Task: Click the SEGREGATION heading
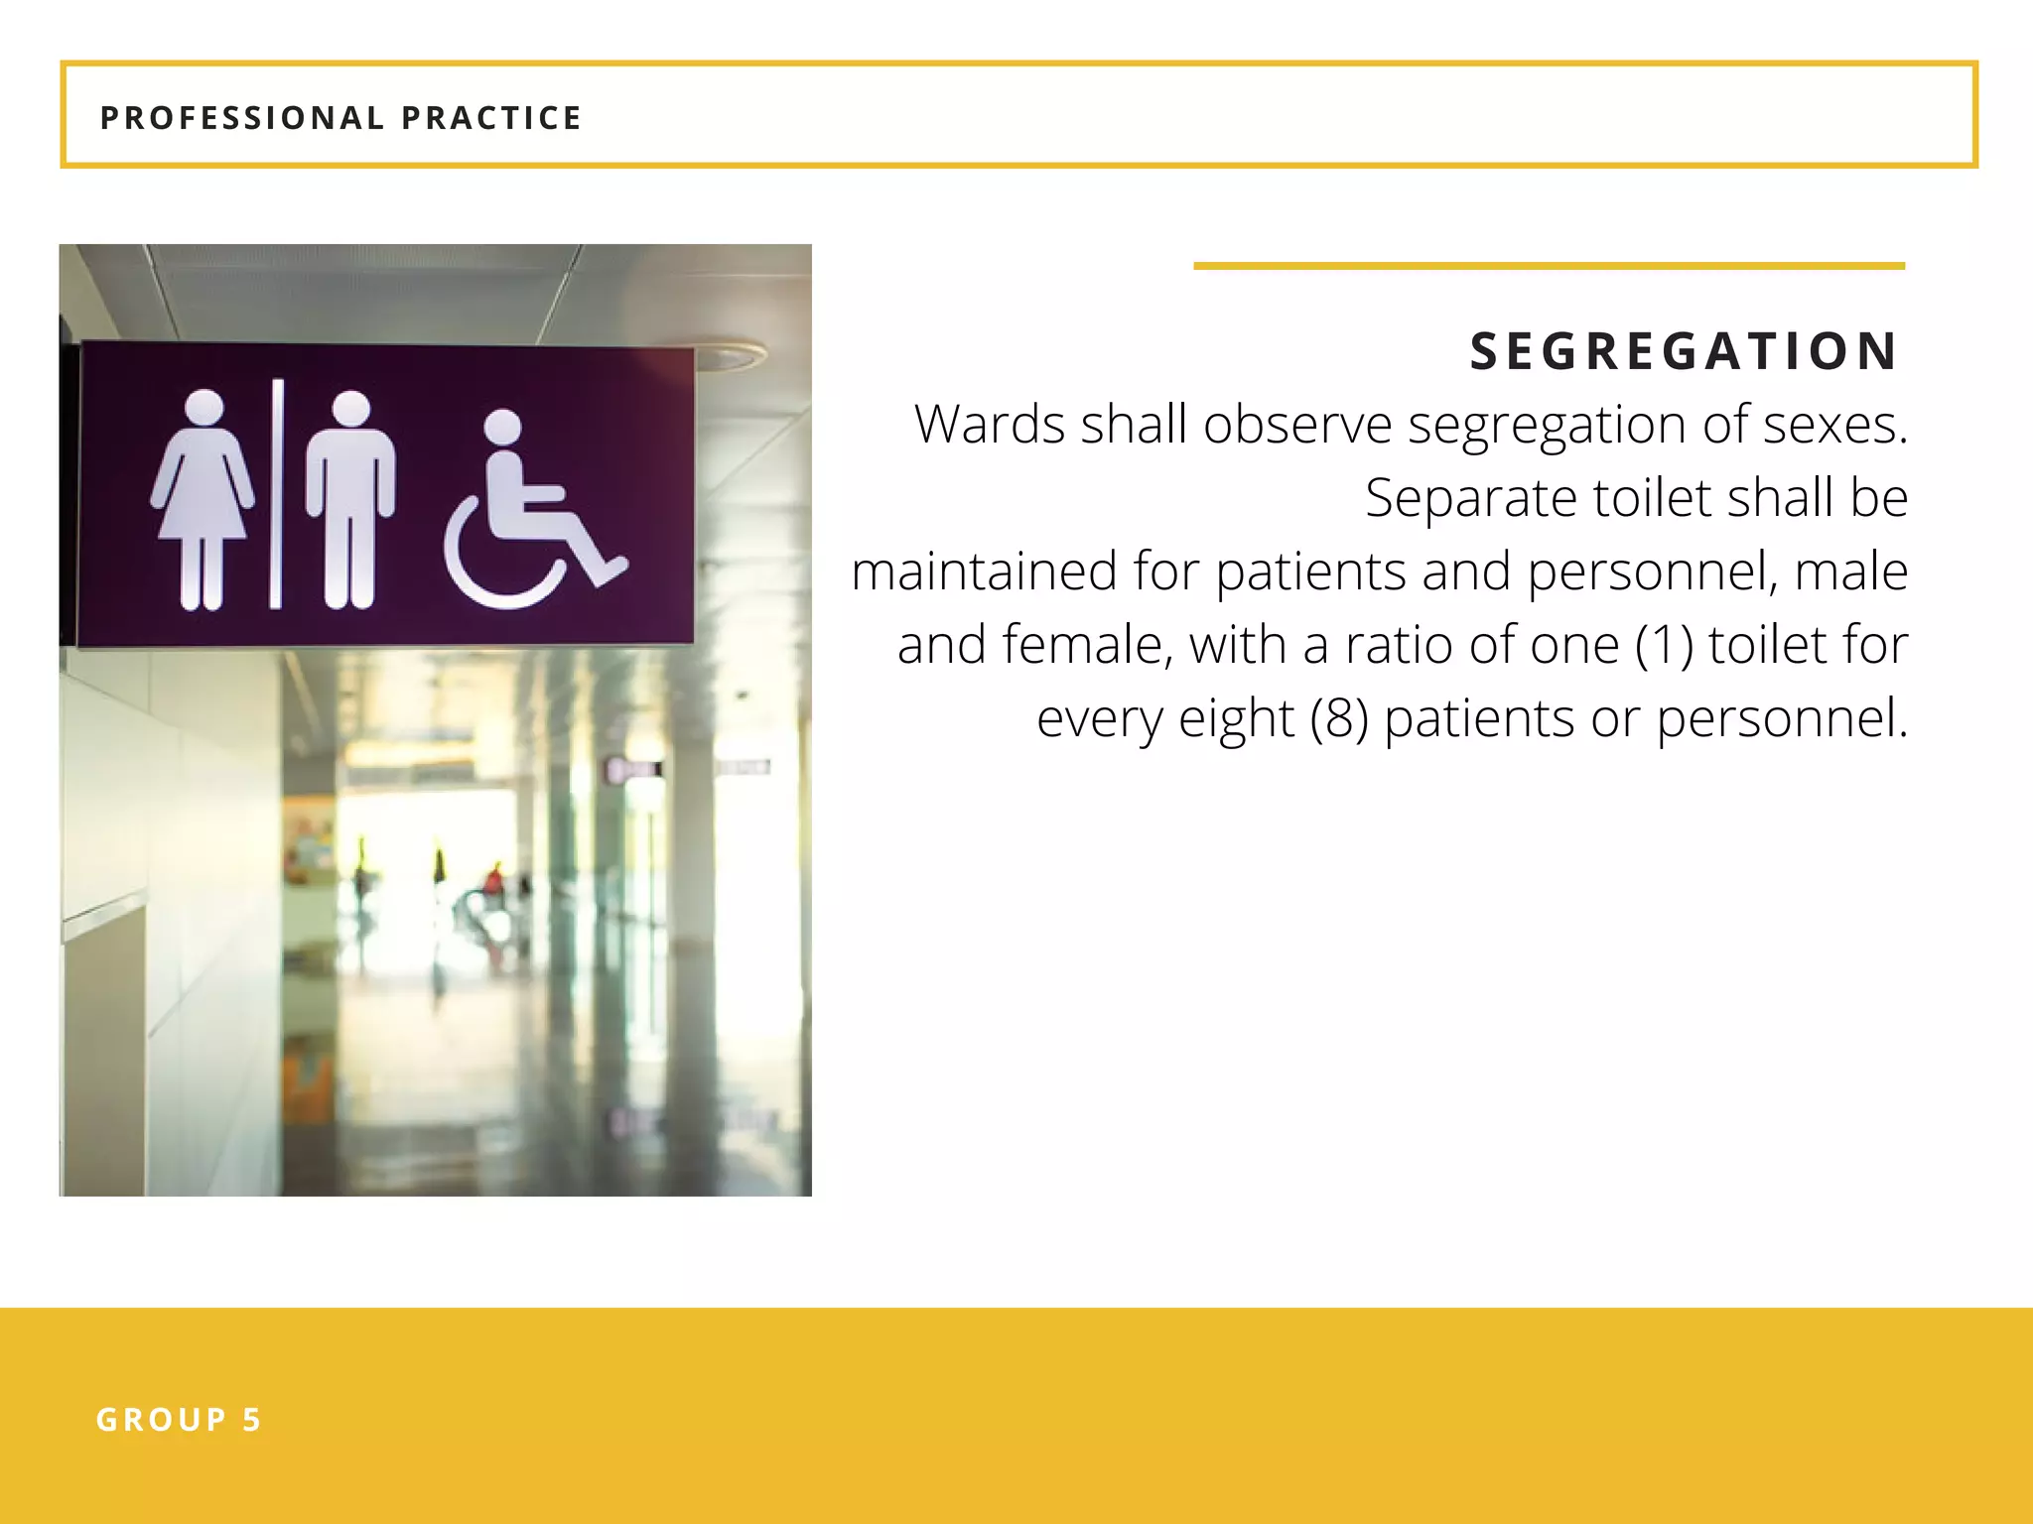click(x=1684, y=351)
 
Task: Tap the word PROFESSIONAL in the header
click(x=242, y=118)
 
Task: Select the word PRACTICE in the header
click(x=491, y=118)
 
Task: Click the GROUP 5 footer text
click(x=179, y=1420)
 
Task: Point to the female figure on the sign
click(x=203, y=496)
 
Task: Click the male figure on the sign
click(x=350, y=496)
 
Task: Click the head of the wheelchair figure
click(x=502, y=428)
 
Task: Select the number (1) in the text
click(x=1663, y=645)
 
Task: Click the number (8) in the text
click(x=1338, y=718)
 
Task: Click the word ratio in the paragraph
click(x=1398, y=645)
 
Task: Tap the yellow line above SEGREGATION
click(x=1549, y=266)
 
